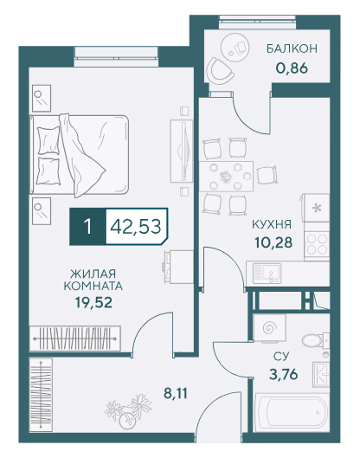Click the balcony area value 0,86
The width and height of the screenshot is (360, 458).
[x=292, y=68]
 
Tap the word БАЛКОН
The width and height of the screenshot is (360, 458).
[x=292, y=48]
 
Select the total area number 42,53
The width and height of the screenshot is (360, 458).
[x=136, y=227]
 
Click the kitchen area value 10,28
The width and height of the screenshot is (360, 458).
[x=273, y=242]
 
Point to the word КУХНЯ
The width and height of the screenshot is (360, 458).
[x=272, y=224]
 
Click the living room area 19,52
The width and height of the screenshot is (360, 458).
[x=93, y=303]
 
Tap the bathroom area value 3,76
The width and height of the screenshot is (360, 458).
[x=283, y=373]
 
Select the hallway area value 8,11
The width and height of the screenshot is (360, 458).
[x=175, y=393]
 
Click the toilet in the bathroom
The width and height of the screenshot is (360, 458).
[x=315, y=340]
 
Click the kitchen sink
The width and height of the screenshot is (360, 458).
[x=267, y=273]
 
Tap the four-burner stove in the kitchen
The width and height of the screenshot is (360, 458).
[x=317, y=244]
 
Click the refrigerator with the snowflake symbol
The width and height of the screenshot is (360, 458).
[x=316, y=208]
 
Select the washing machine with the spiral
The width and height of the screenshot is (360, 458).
[x=269, y=327]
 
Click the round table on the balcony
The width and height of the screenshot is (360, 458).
[x=236, y=47]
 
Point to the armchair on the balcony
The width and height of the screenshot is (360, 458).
[x=220, y=70]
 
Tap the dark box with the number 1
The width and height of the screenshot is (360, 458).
[x=87, y=227]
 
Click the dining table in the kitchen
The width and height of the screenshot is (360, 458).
[x=226, y=176]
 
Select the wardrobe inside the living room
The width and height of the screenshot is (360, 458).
[x=74, y=339]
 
